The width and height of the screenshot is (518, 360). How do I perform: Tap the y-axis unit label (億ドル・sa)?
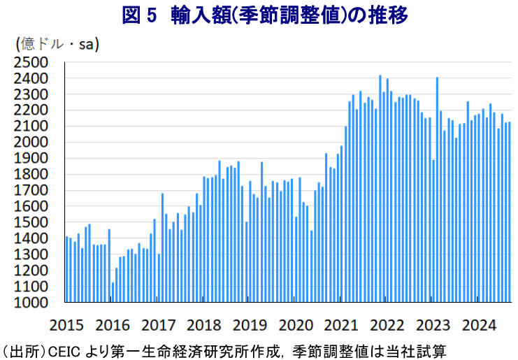tap(57, 44)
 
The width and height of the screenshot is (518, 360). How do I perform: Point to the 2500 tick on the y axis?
tap(30, 62)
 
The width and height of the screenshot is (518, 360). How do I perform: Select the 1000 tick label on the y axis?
tap(30, 302)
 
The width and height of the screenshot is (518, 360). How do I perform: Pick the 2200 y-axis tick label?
tap(30, 110)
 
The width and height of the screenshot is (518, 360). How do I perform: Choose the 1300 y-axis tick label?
tap(30, 254)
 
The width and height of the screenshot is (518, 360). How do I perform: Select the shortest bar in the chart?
tap(113, 292)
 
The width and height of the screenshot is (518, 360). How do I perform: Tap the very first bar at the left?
tap(67, 269)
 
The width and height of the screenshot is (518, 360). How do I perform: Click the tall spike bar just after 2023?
tap(438, 189)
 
